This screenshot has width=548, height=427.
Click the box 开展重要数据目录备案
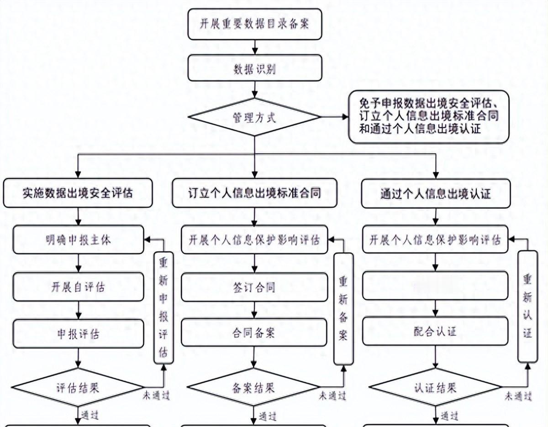pyautogui.click(x=255, y=24)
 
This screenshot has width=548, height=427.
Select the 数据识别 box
pyautogui.click(x=255, y=69)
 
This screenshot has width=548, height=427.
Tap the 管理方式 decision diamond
pyautogui.click(x=255, y=117)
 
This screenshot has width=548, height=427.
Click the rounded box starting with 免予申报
pyautogui.click(x=428, y=117)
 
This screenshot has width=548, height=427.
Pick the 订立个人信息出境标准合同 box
pyautogui.click(x=254, y=193)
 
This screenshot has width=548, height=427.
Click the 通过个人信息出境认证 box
pyautogui.click(x=436, y=193)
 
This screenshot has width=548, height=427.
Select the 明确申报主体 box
pyautogui.click(x=79, y=240)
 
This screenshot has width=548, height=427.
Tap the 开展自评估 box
pyautogui.click(x=79, y=287)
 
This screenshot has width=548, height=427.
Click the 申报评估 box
pyautogui.click(x=79, y=334)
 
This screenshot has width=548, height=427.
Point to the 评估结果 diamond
pyautogui.click(x=79, y=388)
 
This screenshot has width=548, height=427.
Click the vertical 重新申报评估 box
pyautogui.click(x=163, y=308)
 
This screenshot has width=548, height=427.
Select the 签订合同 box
pyautogui.click(x=254, y=287)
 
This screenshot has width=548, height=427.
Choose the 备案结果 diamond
pyautogui.click(x=254, y=388)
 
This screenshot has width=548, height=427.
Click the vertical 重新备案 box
pyautogui.click(x=343, y=309)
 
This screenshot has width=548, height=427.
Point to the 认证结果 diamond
pyautogui.click(x=436, y=388)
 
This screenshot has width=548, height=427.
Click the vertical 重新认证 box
pyautogui.click(x=527, y=307)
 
